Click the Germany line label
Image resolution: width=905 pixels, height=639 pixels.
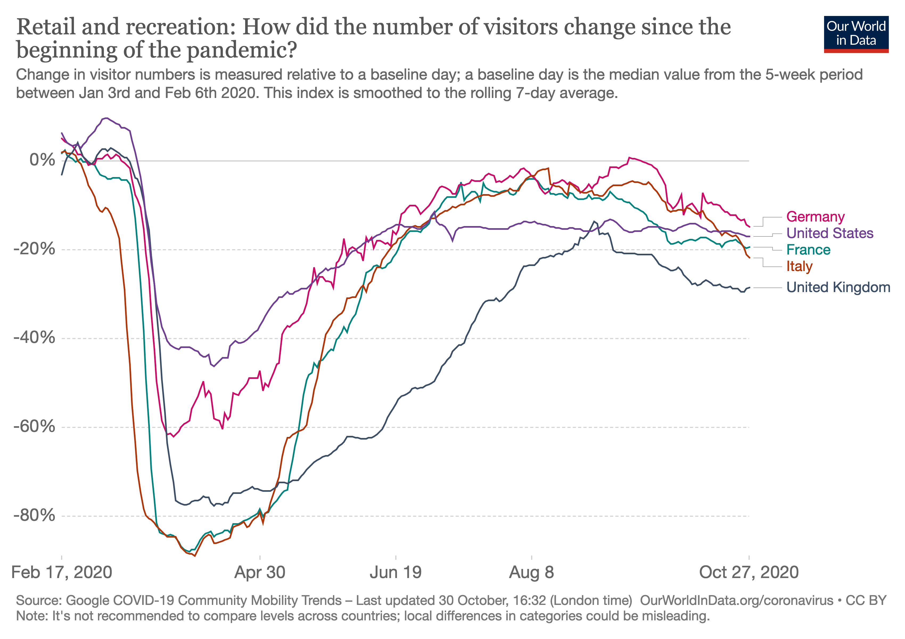tap(815, 217)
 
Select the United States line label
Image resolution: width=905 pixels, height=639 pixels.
tap(830, 233)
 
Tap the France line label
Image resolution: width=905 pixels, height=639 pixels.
tap(808, 250)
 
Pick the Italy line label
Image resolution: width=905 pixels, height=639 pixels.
tap(799, 267)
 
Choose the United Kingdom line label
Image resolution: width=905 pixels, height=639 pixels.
tap(838, 287)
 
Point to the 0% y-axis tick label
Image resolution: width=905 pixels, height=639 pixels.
tap(42, 160)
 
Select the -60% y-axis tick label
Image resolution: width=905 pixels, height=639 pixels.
tap(34, 427)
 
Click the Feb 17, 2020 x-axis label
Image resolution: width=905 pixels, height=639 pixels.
tap(62, 572)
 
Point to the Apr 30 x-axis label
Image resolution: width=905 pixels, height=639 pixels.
tap(260, 572)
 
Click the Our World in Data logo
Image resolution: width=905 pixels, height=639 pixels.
tap(856, 34)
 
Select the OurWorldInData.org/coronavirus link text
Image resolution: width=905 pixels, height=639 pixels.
tap(736, 600)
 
